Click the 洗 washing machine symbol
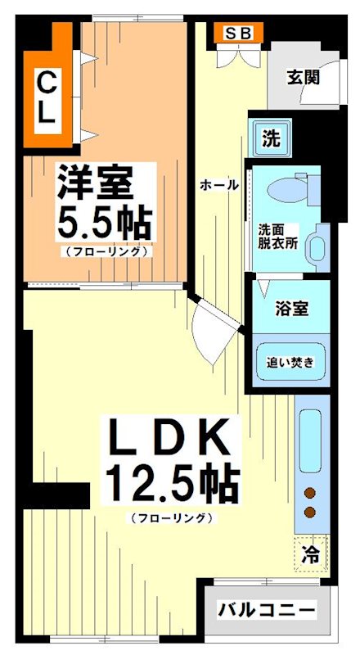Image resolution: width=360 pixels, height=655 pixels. [270, 138]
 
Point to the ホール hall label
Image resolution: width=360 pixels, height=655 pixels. [219, 186]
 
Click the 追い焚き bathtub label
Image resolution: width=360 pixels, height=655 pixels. [290, 360]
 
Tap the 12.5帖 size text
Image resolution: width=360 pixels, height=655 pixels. [171, 485]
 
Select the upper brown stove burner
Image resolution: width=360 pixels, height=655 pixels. [311, 493]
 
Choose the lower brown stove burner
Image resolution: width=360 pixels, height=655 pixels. [311, 513]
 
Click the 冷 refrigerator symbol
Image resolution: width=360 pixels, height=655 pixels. [311, 554]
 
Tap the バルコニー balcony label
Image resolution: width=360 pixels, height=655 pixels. [266, 611]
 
